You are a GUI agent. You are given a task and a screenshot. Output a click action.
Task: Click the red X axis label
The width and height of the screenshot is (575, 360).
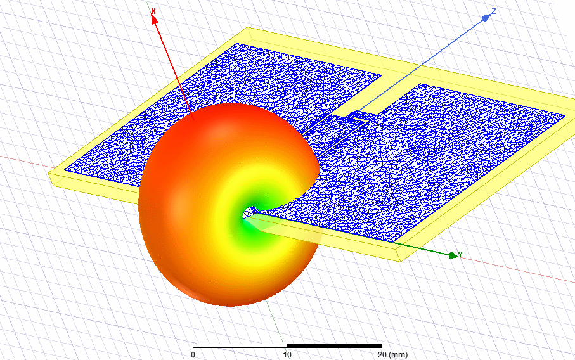(153, 12)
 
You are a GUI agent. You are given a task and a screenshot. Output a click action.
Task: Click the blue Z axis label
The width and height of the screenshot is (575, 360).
(494, 11)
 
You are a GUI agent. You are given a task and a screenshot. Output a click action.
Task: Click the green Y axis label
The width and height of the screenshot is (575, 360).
(460, 254)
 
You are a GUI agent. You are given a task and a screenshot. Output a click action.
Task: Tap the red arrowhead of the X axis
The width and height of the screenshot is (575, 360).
(155, 20)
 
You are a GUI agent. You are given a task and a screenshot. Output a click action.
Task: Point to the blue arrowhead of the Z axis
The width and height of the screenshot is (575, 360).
(486, 17)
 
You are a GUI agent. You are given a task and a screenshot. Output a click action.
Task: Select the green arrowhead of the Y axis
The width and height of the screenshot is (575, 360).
(453, 255)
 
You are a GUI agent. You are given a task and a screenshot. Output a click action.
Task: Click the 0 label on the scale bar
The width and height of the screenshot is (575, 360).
(193, 354)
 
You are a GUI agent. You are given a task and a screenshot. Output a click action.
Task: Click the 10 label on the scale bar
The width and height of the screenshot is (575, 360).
(287, 354)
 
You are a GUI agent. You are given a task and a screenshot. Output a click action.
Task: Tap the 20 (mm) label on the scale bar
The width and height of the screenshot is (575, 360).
(392, 354)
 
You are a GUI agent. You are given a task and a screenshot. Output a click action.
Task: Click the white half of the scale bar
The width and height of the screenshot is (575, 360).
(240, 345)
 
